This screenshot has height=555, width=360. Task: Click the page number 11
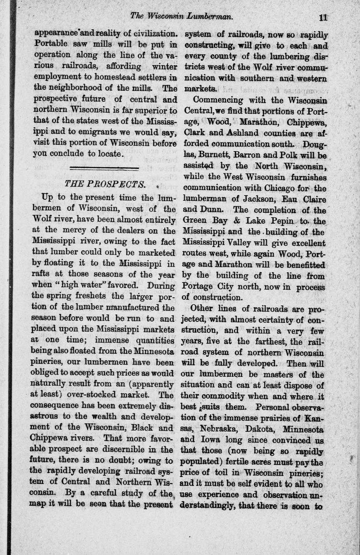(323, 17)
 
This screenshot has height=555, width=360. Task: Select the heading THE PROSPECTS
(105, 185)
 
